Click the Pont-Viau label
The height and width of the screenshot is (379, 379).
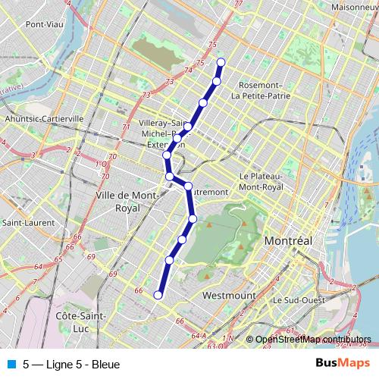[x=43, y=23]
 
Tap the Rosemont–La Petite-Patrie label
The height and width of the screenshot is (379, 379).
[x=261, y=90]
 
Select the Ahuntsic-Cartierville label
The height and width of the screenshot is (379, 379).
[x=44, y=119]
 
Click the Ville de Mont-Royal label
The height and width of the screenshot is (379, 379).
[x=127, y=201]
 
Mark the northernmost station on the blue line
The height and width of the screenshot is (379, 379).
[x=221, y=62]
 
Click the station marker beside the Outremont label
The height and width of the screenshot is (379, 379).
[x=188, y=186]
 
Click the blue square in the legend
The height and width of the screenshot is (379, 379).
[x=11, y=365]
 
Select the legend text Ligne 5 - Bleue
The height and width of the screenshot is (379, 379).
[x=71, y=365]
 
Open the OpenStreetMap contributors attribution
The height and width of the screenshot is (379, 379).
[x=313, y=340]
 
